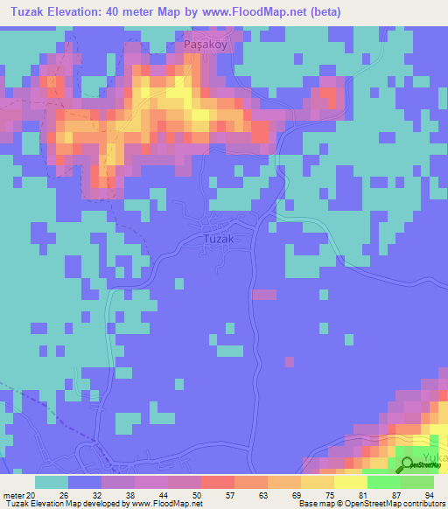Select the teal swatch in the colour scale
pos(52,481)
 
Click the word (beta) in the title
pos(321,12)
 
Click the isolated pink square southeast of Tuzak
pos(263,295)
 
